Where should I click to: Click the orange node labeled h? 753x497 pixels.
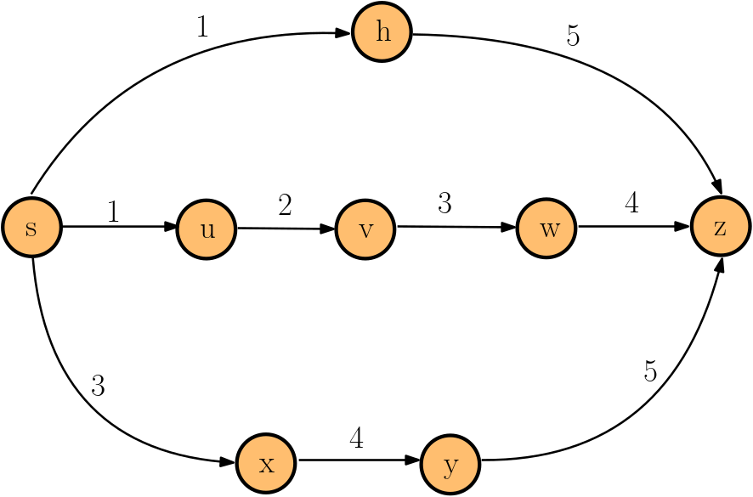(382, 32)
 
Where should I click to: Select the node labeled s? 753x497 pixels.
(31, 228)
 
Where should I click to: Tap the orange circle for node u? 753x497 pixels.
(207, 229)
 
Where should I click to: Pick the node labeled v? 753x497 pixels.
(365, 229)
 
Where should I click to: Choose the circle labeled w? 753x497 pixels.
(546, 229)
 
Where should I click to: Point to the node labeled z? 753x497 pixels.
(721, 227)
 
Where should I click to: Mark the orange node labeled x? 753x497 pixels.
(266, 464)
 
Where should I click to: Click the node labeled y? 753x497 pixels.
(450, 465)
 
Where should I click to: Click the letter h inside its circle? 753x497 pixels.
(382, 32)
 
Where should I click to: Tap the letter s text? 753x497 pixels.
(31, 229)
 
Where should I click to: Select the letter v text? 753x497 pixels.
(365, 230)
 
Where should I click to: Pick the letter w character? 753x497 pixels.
(549, 229)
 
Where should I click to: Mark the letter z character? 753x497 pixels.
(721, 228)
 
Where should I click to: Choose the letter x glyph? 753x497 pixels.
(267, 465)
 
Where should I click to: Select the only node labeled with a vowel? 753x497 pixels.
(207, 229)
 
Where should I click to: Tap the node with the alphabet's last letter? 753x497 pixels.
(721, 227)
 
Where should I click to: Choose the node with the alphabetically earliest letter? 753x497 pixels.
(382, 32)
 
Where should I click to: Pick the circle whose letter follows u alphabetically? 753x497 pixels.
(365, 229)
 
